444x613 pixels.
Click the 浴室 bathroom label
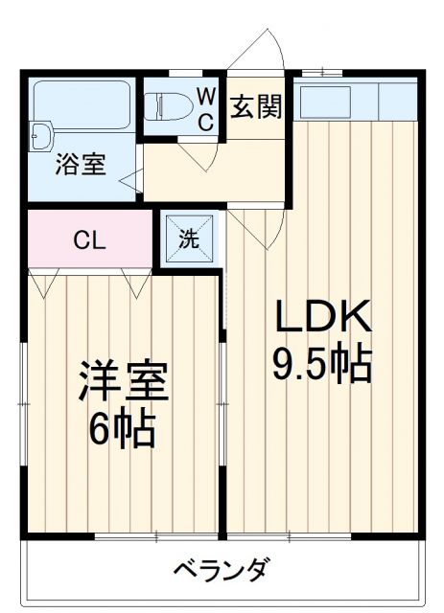pyautogui.click(x=80, y=164)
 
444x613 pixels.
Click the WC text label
pyautogui.click(x=205, y=108)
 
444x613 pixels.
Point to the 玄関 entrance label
pyautogui.click(x=256, y=106)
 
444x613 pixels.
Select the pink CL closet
pyautogui.click(x=90, y=239)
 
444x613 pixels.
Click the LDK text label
pyautogui.click(x=322, y=317)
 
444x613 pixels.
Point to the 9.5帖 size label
pyautogui.click(x=322, y=363)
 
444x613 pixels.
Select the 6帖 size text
pyautogui.click(x=123, y=431)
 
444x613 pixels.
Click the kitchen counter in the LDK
pyautogui.click(x=355, y=99)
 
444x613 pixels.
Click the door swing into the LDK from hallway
pyautogui.click(x=254, y=225)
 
